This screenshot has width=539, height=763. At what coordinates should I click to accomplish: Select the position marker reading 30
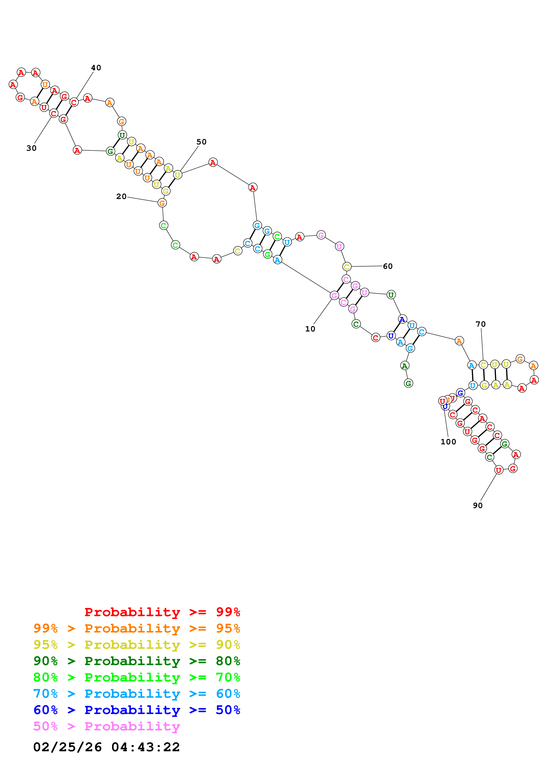click(32, 148)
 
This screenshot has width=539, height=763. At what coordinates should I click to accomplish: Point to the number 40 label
click(96, 68)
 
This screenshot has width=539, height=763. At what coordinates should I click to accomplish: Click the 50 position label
click(201, 142)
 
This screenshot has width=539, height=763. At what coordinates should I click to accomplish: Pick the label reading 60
click(387, 266)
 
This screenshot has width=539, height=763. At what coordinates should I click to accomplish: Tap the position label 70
click(481, 324)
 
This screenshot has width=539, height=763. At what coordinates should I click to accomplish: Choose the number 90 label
click(477, 505)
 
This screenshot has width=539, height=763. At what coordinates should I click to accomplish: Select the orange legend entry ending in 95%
click(137, 628)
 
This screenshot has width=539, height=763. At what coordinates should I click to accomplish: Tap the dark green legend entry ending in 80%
click(137, 661)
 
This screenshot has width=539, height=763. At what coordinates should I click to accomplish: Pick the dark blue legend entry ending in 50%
click(137, 710)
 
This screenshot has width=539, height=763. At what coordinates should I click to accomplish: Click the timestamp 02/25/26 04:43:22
click(106, 747)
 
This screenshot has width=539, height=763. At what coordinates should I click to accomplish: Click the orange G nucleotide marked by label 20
click(162, 203)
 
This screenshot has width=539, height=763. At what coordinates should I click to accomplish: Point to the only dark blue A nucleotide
click(402, 319)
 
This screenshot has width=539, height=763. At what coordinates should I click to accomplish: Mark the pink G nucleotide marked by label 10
click(334, 295)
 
